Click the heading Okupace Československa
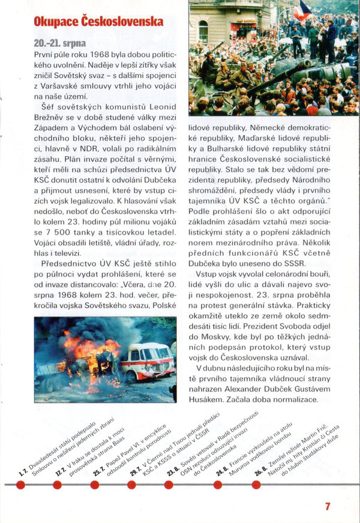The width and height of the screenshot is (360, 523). tap(98, 22)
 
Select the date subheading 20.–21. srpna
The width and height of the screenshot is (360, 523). tap(60, 44)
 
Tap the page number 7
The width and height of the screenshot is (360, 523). tap(328, 506)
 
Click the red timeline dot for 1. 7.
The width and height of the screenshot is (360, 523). tap(22, 483)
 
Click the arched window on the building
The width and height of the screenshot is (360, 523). tap(203, 30)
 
